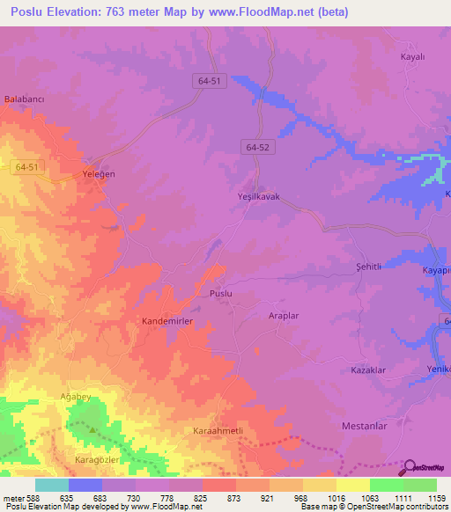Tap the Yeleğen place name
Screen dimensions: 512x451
pyautogui.click(x=99, y=174)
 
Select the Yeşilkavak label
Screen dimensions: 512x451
pyautogui.click(x=259, y=197)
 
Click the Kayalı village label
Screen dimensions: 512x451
pyautogui.click(x=412, y=56)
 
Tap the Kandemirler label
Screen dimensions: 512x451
pyautogui.click(x=167, y=322)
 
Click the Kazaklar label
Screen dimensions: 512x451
pyautogui.click(x=368, y=370)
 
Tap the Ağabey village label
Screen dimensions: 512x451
pyautogui.click(x=75, y=397)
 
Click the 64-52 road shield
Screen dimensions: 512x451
pyautogui.click(x=258, y=149)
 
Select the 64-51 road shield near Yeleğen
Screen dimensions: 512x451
pyautogui.click(x=27, y=166)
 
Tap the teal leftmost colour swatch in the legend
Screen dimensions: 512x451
pyautogui.click(x=51, y=485)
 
